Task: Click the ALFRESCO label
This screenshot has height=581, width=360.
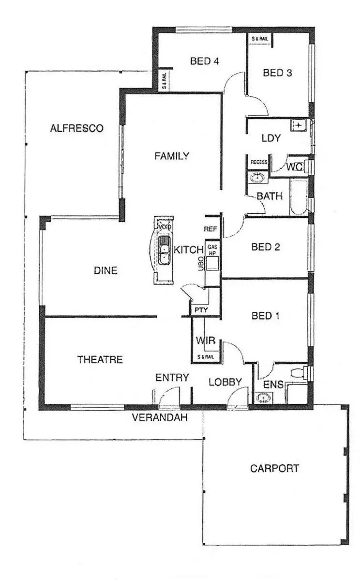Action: click(76, 128)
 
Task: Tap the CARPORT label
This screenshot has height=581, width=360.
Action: click(274, 469)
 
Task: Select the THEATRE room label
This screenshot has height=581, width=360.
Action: click(100, 360)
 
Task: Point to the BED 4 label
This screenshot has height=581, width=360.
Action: click(201, 61)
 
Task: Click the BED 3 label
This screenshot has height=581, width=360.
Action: click(277, 73)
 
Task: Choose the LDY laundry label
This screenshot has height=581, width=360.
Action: click(271, 138)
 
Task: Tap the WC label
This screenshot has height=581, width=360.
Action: click(295, 168)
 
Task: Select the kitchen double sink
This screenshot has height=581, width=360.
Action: click(165, 251)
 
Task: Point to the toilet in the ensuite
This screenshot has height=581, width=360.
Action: click(300, 373)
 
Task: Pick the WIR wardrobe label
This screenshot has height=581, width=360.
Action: click(205, 340)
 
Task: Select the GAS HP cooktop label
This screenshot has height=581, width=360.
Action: click(212, 249)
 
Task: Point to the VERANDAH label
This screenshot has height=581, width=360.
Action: click(160, 417)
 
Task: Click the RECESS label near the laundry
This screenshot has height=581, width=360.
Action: click(259, 162)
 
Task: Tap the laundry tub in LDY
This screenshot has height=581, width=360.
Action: click(299, 126)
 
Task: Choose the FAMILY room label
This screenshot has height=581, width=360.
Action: click(171, 156)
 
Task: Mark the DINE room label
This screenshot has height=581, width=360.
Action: click(105, 271)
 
